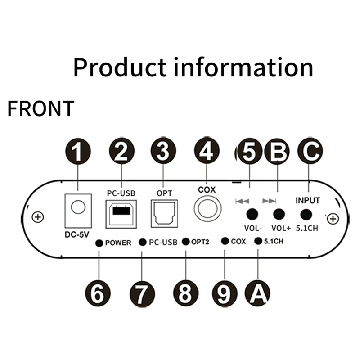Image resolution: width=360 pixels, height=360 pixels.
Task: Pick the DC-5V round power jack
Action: [x=79, y=207]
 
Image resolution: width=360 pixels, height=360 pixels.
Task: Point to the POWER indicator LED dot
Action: [x=99, y=243]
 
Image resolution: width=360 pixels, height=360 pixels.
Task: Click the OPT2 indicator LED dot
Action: [x=186, y=242]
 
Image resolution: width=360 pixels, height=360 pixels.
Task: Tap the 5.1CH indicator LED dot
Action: [x=258, y=241]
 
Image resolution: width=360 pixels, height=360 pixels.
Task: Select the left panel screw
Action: [x=39, y=218]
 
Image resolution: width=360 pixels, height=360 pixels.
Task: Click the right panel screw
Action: [x=333, y=219]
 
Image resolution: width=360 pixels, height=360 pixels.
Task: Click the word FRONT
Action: [x=40, y=108]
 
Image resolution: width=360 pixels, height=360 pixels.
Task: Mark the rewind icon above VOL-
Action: [x=242, y=201]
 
